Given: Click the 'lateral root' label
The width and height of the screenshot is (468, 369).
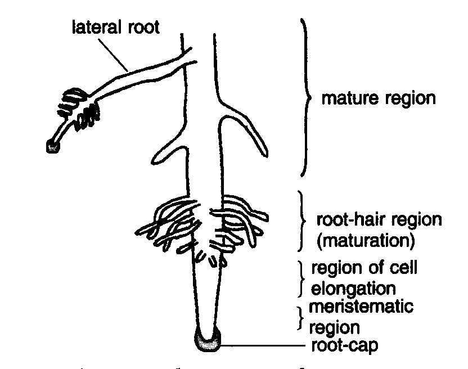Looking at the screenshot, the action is [x=116, y=27].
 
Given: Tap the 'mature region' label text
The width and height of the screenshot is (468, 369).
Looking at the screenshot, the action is [x=379, y=98].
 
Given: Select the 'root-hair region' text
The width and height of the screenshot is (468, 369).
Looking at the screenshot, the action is [x=379, y=219].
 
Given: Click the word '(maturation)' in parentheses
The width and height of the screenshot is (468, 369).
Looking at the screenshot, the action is [x=366, y=241].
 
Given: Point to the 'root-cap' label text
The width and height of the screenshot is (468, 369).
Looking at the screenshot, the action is [x=345, y=345].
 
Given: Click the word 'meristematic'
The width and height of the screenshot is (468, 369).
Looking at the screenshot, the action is [x=361, y=307].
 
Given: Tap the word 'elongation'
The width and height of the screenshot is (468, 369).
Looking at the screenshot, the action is [x=353, y=289].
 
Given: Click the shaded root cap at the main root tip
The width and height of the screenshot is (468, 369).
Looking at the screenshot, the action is [x=208, y=341].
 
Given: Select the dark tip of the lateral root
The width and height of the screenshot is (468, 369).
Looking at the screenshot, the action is [x=53, y=146].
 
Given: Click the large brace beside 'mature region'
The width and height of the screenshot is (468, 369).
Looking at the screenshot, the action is [x=305, y=97].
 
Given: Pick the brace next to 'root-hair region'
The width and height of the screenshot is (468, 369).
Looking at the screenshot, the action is [x=301, y=220].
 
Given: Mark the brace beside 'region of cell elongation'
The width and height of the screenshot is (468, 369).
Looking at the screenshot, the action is [x=301, y=279].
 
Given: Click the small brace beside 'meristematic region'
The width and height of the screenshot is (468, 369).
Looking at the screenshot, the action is [x=300, y=318].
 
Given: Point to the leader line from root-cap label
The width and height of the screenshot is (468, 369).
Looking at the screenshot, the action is [x=263, y=345].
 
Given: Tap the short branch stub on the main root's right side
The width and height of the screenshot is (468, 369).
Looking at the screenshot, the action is [x=244, y=128].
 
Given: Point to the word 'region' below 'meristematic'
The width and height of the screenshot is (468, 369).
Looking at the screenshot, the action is [x=334, y=328].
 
